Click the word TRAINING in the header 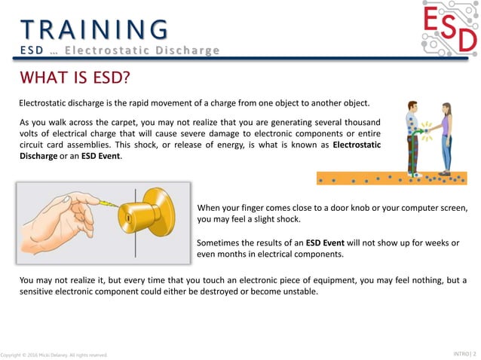coord(94,29)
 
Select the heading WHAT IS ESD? coord(74,78)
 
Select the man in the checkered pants coord(411,139)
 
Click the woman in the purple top coord(446,138)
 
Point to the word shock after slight coord(287,220)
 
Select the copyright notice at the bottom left coord(54,355)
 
